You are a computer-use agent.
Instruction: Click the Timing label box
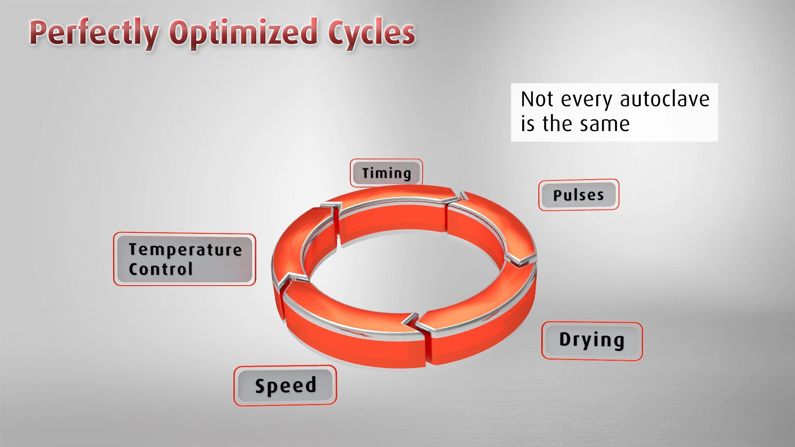(386, 173)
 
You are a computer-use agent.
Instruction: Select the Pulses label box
(578, 195)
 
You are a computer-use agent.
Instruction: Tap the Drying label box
(592, 341)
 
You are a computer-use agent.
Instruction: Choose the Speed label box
(285, 386)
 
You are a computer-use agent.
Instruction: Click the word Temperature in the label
(185, 250)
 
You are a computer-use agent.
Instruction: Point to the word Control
(161, 269)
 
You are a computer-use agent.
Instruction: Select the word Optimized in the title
(244, 33)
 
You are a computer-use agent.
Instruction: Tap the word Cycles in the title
(371, 33)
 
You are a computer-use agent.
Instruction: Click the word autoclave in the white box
(665, 99)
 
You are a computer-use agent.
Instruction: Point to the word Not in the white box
(537, 99)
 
